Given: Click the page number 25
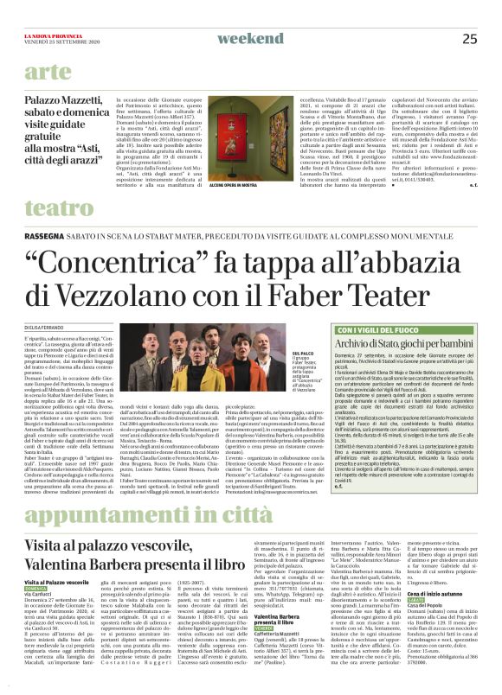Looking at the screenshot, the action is pos(469,38).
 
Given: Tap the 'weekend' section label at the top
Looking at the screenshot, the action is pos(250,38).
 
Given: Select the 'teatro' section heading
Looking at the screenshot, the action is pos(60,208).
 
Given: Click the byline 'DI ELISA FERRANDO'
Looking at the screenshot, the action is pos(44,326).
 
